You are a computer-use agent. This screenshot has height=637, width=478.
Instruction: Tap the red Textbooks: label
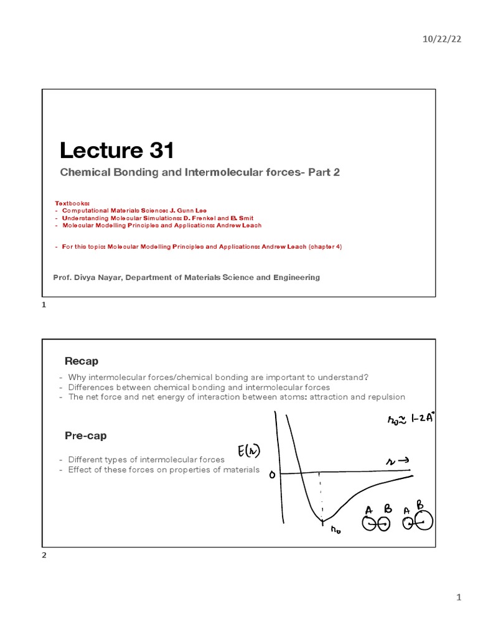click(x=72, y=203)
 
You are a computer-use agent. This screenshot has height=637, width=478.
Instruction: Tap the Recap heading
click(x=81, y=361)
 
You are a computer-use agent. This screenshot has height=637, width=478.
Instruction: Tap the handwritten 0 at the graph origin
click(x=271, y=475)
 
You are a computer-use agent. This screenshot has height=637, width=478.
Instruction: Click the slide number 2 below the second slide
click(x=44, y=556)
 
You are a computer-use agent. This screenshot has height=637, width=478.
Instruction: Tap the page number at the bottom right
click(x=459, y=598)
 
